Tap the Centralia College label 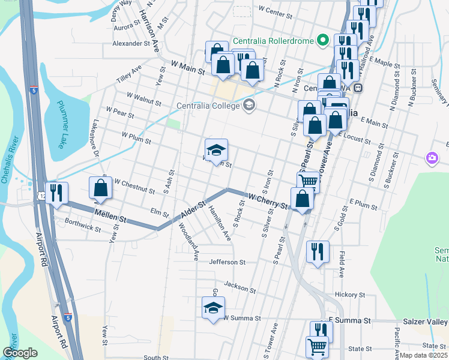click(207, 106)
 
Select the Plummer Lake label click(63, 124)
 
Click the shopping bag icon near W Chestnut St click(101, 188)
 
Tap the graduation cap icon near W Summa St click(212, 308)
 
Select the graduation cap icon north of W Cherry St click(217, 150)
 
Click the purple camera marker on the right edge click(432, 158)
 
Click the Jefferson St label click(228, 262)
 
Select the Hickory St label click(350, 295)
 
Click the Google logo click(20, 352)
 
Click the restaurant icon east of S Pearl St click(317, 251)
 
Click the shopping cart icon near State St click(317, 347)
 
